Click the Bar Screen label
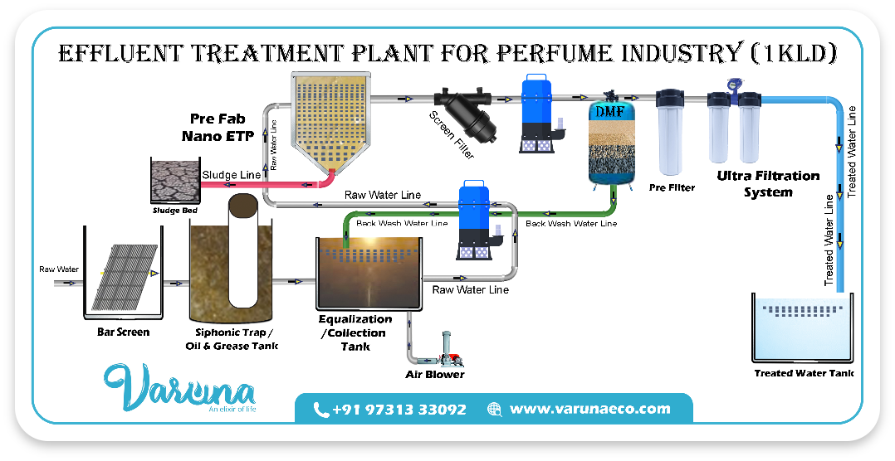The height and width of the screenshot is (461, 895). [123, 332]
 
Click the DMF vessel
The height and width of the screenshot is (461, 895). [613, 143]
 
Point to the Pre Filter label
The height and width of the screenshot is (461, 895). [672, 187]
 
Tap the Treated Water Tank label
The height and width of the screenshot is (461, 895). [803, 373]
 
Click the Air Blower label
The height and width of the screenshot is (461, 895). [434, 375]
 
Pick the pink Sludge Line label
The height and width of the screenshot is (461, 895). [232, 175]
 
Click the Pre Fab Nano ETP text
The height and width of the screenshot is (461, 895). [218, 128]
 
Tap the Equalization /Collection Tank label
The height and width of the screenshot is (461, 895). [355, 332]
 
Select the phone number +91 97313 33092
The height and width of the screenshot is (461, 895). [399, 409]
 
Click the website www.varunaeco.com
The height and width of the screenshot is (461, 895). [589, 409]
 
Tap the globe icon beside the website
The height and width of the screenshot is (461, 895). [495, 409]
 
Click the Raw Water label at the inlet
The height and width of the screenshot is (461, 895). [59, 269]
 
